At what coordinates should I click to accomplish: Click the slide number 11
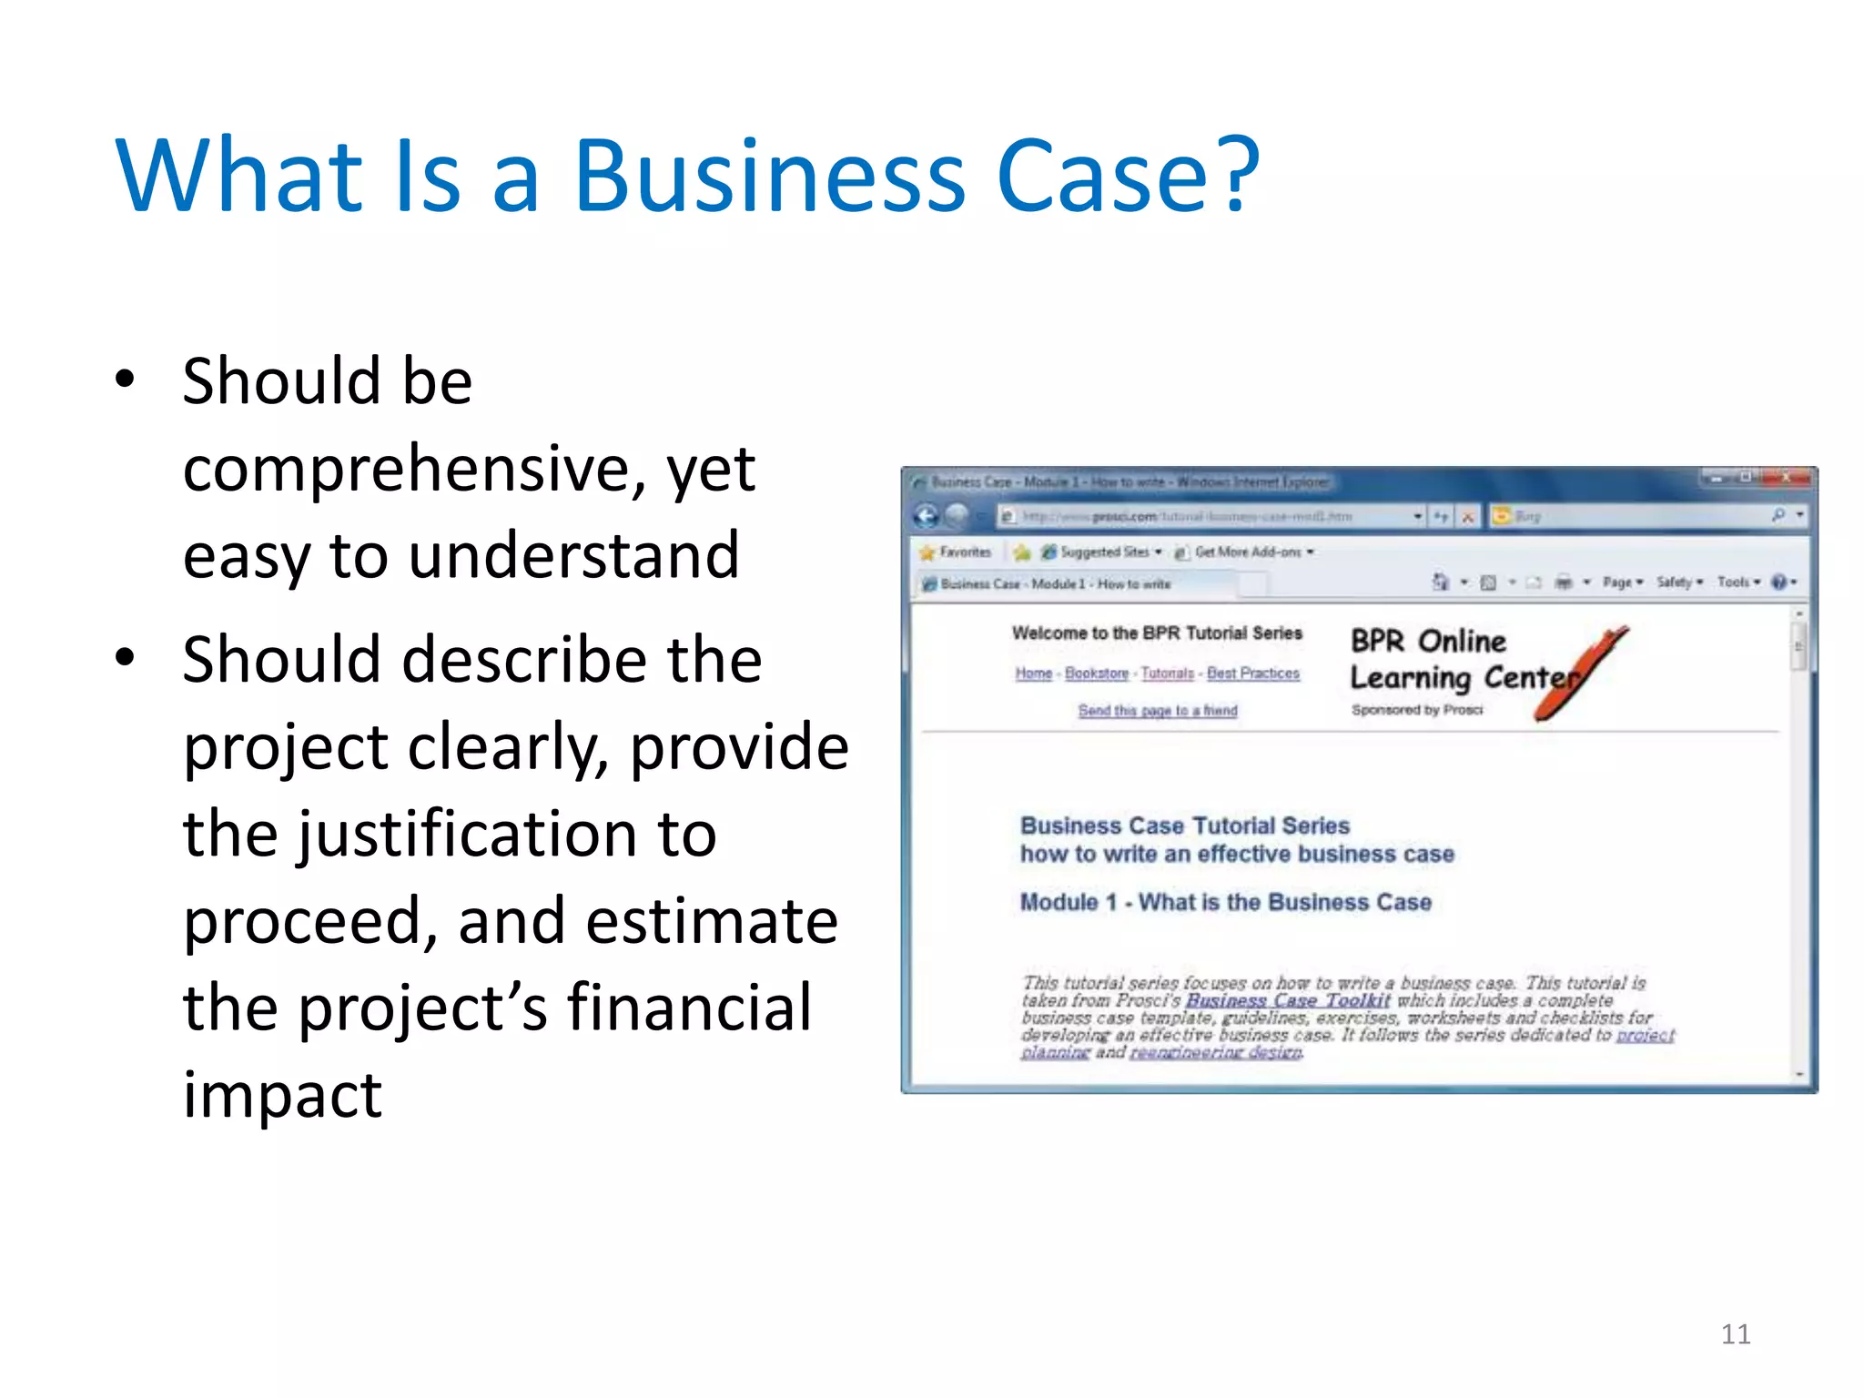(1736, 1334)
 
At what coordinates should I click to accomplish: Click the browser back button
(927, 516)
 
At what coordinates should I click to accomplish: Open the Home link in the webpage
(1034, 674)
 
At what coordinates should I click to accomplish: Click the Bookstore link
(1097, 674)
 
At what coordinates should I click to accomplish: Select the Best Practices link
(1253, 674)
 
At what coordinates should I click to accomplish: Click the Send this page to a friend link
(1158, 711)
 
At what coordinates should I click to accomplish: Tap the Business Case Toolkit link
(1288, 1000)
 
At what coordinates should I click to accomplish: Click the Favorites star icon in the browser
(927, 552)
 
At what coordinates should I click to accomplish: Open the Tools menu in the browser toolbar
(1735, 582)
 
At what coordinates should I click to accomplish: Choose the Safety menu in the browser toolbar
(1676, 582)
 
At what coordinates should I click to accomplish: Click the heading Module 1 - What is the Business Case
(1225, 902)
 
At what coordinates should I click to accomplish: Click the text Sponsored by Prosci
(1417, 710)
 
